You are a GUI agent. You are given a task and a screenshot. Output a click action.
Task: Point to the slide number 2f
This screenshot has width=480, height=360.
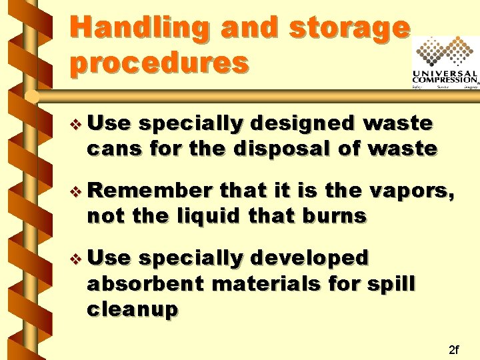pos(454,349)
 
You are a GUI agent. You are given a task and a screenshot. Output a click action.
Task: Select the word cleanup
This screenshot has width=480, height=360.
pos(133,309)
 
